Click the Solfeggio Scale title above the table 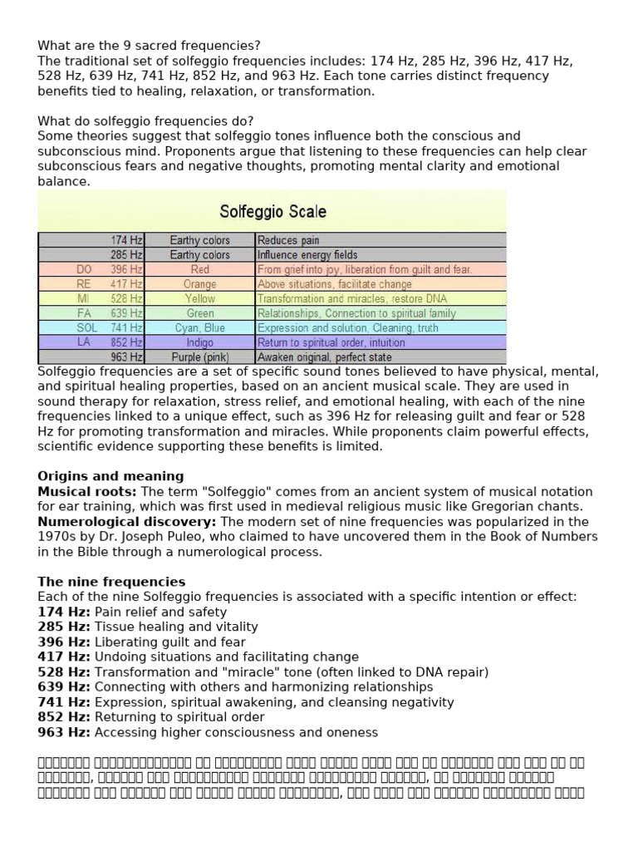click(x=272, y=211)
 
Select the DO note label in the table click(x=85, y=269)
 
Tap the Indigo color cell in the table click(x=199, y=342)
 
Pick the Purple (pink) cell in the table click(x=199, y=357)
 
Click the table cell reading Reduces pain click(x=288, y=240)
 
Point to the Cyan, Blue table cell click(x=199, y=327)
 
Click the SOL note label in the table click(x=87, y=327)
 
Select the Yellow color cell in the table click(x=199, y=298)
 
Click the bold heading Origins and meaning click(x=111, y=476)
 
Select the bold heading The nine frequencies click(x=111, y=582)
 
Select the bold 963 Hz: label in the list click(x=64, y=732)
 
